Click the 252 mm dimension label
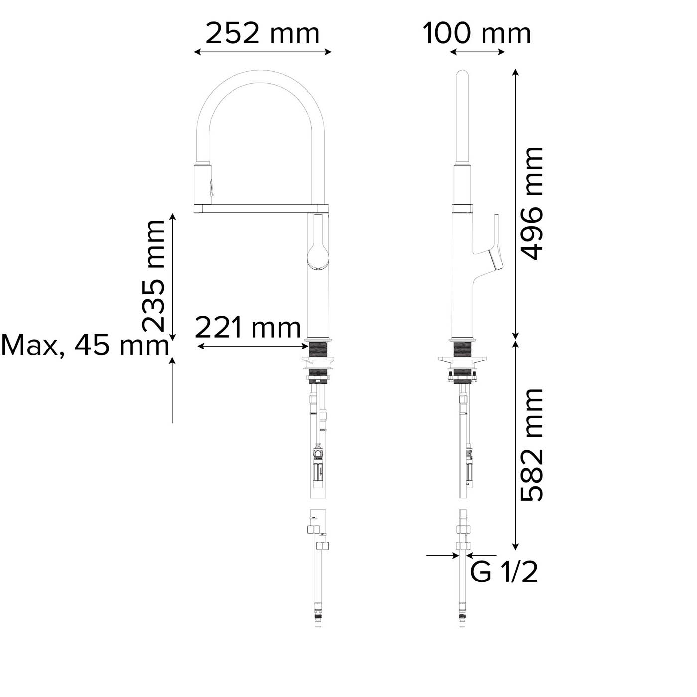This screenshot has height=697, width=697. coord(262,34)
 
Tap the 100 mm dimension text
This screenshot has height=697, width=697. coord(477,34)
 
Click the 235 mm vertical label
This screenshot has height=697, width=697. coord(153,276)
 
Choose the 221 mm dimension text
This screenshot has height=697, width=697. coord(247,328)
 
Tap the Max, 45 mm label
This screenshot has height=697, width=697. coord(85,345)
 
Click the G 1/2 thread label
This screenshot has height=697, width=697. coord(504,572)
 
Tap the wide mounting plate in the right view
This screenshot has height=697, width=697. coord(463,359)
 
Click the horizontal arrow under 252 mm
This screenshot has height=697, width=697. coord(262,52)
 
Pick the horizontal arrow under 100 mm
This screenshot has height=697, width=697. coord(477,52)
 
